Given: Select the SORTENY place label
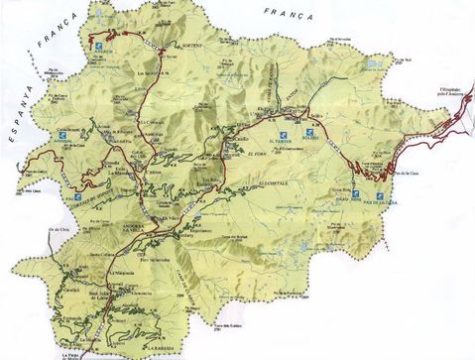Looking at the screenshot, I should pyautogui.click(x=190, y=44).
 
